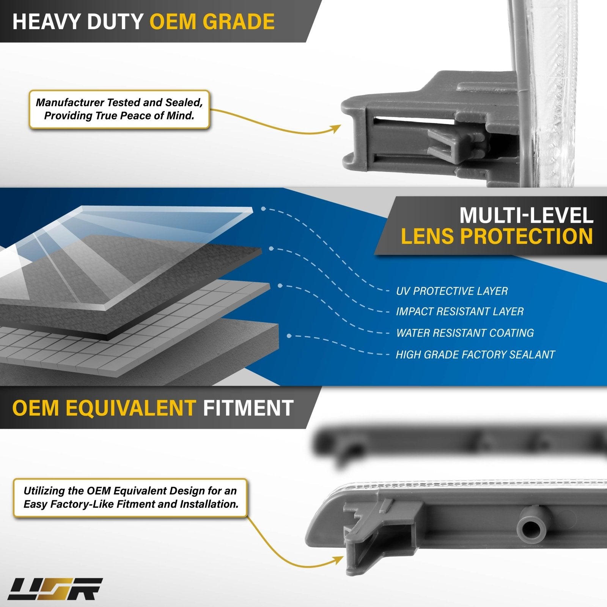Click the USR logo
click(55, 589)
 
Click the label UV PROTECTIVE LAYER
click(451, 291)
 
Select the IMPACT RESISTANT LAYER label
click(459, 311)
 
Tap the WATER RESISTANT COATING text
click(465, 333)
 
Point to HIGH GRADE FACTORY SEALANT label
click(475, 354)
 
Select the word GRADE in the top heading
click(240, 21)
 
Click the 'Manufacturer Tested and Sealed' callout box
click(119, 109)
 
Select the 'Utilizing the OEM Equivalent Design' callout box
click(131, 497)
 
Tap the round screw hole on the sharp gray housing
click(530, 528)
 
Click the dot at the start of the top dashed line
click(263, 209)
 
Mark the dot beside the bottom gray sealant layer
click(289, 336)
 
